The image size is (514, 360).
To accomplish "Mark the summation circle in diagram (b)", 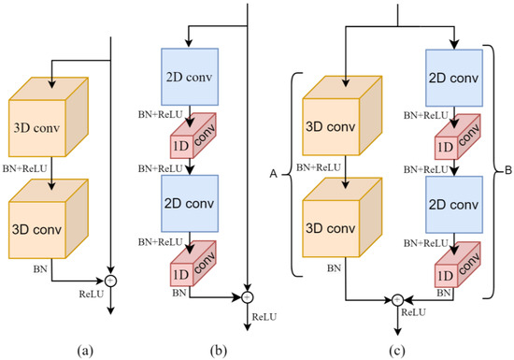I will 247,297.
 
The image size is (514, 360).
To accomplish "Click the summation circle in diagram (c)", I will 397,299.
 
